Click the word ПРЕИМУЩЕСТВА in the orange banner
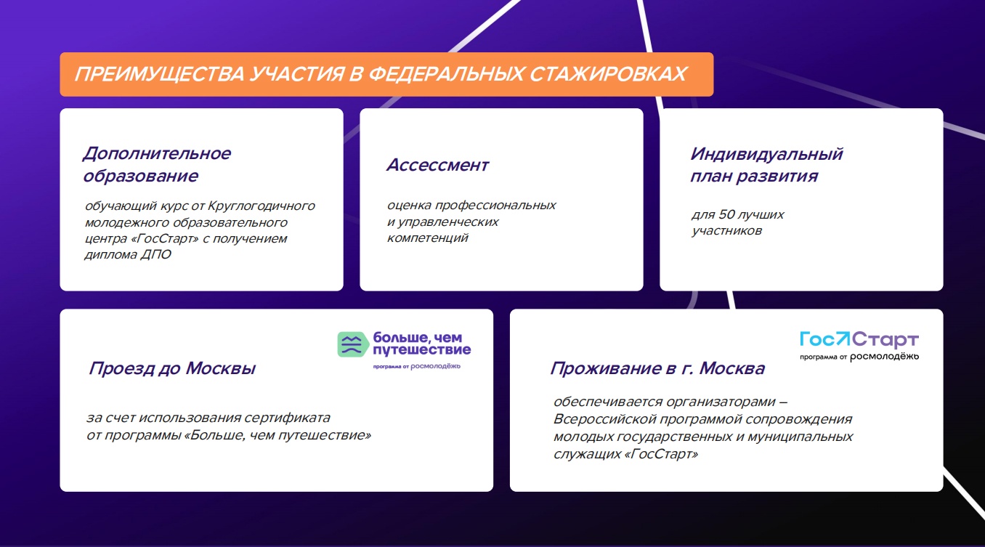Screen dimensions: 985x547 point(159,74)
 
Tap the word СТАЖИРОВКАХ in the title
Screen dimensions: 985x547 point(608,74)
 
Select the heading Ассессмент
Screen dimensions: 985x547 point(437,166)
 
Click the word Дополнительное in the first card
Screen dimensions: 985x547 point(157,153)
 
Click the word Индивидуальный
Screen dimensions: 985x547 point(766,154)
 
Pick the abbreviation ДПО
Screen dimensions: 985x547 point(155,254)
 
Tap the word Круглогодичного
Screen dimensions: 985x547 point(262,206)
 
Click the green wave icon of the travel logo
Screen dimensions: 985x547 point(352,344)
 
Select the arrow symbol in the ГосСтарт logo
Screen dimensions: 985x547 point(843,339)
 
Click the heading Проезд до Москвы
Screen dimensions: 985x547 point(172,368)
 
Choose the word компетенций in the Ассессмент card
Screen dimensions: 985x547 point(427,238)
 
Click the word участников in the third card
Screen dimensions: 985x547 point(726,231)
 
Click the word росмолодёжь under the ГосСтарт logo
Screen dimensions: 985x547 point(884,357)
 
